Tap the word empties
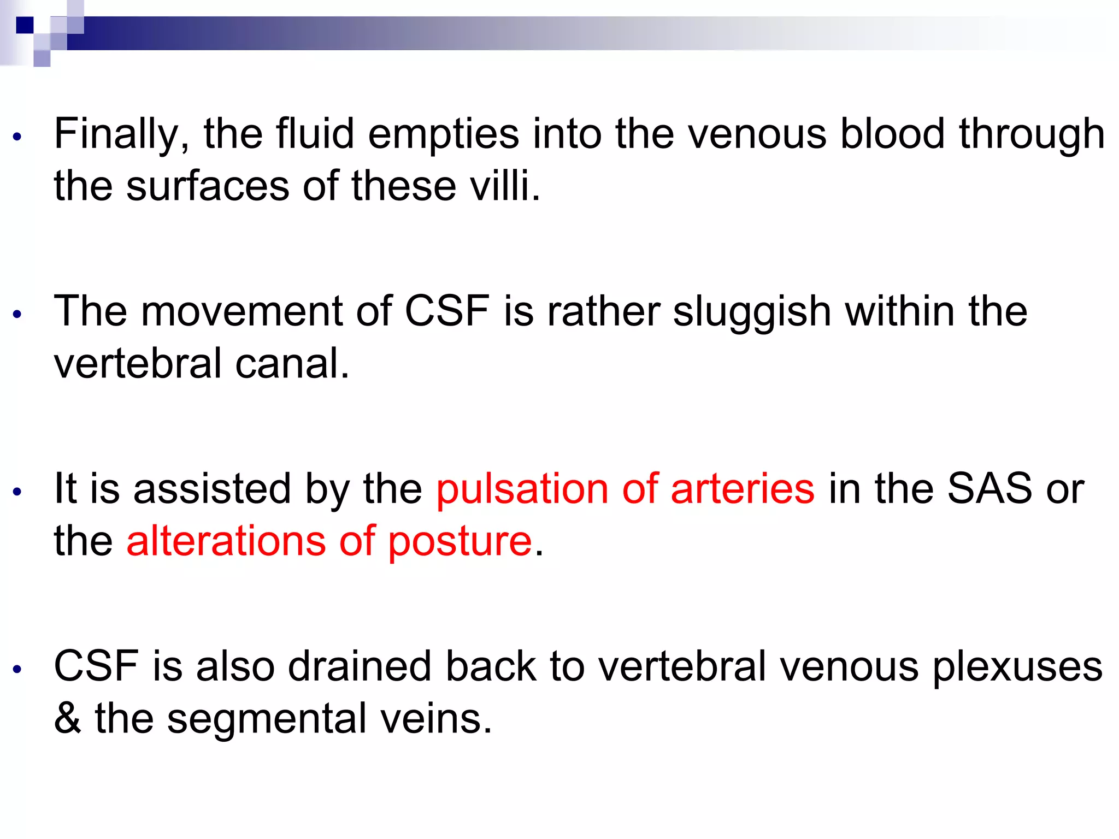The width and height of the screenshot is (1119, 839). click(x=443, y=135)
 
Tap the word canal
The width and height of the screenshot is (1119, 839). click(x=292, y=364)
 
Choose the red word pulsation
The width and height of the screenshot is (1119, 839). click(x=522, y=489)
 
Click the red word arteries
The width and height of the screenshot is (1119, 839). click(x=743, y=489)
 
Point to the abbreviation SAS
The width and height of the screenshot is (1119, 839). click(x=989, y=488)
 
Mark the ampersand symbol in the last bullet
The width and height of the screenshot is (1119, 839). click(x=67, y=719)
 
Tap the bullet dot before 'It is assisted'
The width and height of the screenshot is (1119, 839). click(x=17, y=492)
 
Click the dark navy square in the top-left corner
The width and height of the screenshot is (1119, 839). click(x=25, y=25)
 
